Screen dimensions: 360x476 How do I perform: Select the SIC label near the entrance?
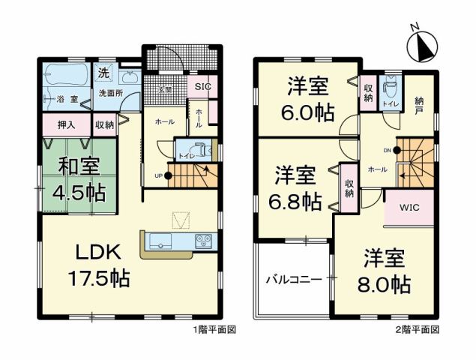click(202, 86)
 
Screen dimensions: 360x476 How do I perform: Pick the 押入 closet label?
click(66, 124)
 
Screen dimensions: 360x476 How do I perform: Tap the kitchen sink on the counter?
click(162, 241)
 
